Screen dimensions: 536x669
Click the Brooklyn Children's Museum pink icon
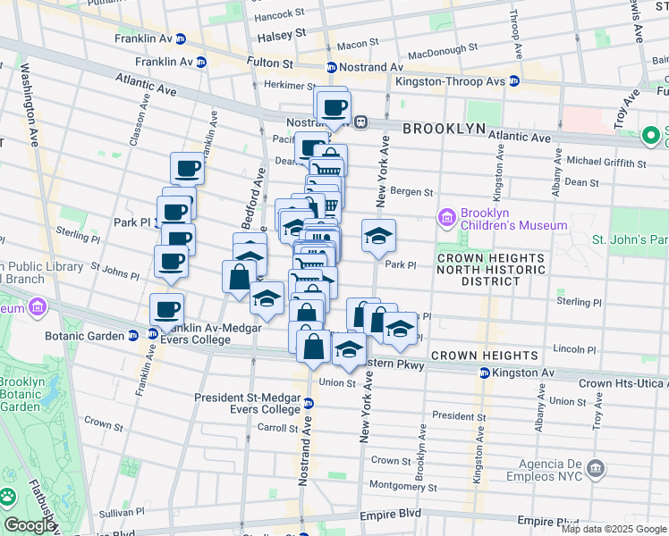[x=446, y=217]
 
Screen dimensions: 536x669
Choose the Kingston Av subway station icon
[x=484, y=373]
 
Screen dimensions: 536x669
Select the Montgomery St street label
[x=402, y=486]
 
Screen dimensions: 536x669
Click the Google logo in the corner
[x=29, y=525]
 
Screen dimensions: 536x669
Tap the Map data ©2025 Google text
[x=613, y=529]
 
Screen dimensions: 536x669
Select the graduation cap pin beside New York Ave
[x=379, y=237]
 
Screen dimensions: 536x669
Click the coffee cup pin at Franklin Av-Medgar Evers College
[x=166, y=309]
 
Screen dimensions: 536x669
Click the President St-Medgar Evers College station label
[x=249, y=403]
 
